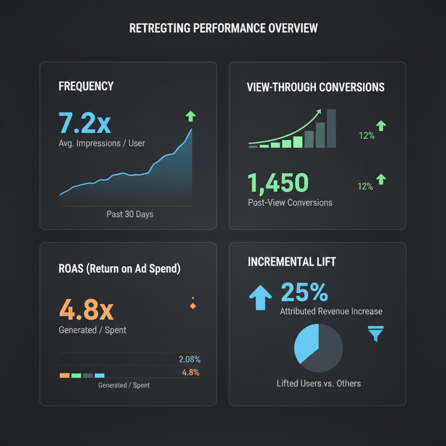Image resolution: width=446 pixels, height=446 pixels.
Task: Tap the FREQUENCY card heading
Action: tap(86, 86)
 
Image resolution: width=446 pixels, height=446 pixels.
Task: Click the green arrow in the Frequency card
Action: tap(191, 116)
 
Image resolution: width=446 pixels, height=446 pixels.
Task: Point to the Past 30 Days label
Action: tap(130, 214)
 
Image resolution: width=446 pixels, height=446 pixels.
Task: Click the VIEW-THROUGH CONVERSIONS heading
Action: tap(315, 87)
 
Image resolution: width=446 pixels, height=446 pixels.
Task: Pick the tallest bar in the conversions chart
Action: tap(331, 128)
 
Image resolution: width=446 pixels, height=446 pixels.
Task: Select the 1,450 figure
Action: tap(278, 182)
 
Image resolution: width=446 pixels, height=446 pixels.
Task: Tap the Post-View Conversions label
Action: tap(290, 203)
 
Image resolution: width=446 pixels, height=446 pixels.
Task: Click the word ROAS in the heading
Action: tap(70, 268)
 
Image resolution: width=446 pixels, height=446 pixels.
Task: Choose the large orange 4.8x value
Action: tap(86, 310)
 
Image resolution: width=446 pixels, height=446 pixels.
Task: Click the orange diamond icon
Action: tap(193, 306)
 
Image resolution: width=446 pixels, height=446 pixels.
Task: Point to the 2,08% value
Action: tap(189, 360)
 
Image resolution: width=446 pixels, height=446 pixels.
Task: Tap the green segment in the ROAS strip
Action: tap(76, 375)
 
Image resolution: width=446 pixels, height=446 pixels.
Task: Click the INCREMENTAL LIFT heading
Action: tap(292, 262)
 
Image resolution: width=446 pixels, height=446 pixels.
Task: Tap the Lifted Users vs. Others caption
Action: tap(319, 384)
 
